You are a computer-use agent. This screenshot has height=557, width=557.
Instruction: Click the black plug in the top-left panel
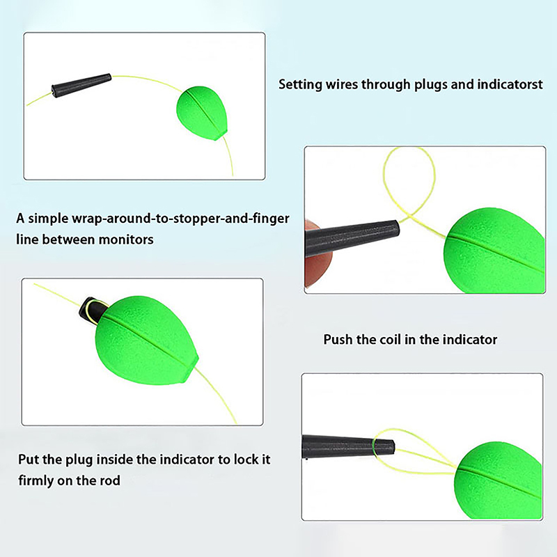tap(81, 85)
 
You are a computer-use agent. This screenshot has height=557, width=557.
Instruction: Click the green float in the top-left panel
tap(201, 113)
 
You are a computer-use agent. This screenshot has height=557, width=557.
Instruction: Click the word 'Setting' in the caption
tap(300, 85)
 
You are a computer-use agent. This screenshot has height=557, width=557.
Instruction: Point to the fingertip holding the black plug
tap(317, 255)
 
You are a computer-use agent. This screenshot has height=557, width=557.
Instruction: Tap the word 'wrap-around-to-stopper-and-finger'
tap(180, 219)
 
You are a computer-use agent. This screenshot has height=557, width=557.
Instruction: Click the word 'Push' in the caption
tap(338, 340)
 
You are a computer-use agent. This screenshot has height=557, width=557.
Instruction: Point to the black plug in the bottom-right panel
tap(348, 447)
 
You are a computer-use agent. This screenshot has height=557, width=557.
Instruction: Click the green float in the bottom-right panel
tap(498, 480)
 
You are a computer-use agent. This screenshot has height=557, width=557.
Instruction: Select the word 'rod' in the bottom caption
tap(110, 480)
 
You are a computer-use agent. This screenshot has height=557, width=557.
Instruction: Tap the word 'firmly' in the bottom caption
tap(33, 481)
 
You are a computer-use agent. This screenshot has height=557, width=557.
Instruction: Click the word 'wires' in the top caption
tap(341, 84)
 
